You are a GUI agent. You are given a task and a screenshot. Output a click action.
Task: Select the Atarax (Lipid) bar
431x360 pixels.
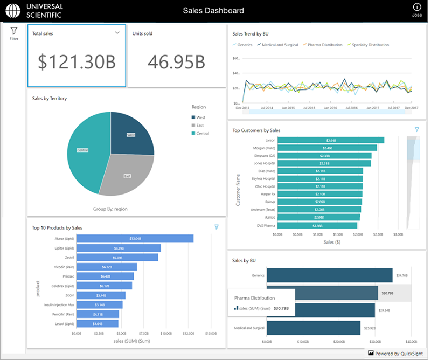135,238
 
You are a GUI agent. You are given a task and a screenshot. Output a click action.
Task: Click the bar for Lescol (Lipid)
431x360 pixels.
98,324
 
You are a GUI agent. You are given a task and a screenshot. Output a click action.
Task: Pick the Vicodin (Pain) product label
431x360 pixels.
65,267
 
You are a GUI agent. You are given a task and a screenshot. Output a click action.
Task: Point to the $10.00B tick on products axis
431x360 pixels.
166,334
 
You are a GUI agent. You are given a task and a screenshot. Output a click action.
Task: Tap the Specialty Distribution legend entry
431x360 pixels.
370,45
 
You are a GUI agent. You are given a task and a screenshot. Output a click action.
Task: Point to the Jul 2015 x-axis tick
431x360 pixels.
309,108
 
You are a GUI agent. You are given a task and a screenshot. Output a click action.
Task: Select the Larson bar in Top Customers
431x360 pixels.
331,140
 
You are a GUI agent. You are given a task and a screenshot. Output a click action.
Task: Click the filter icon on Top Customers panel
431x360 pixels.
416,130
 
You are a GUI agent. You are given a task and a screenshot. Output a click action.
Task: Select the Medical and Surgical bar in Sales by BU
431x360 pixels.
314,328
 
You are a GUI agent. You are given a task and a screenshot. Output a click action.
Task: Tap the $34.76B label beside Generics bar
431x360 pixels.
402,275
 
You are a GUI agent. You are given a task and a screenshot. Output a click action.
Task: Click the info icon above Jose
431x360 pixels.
416,7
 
